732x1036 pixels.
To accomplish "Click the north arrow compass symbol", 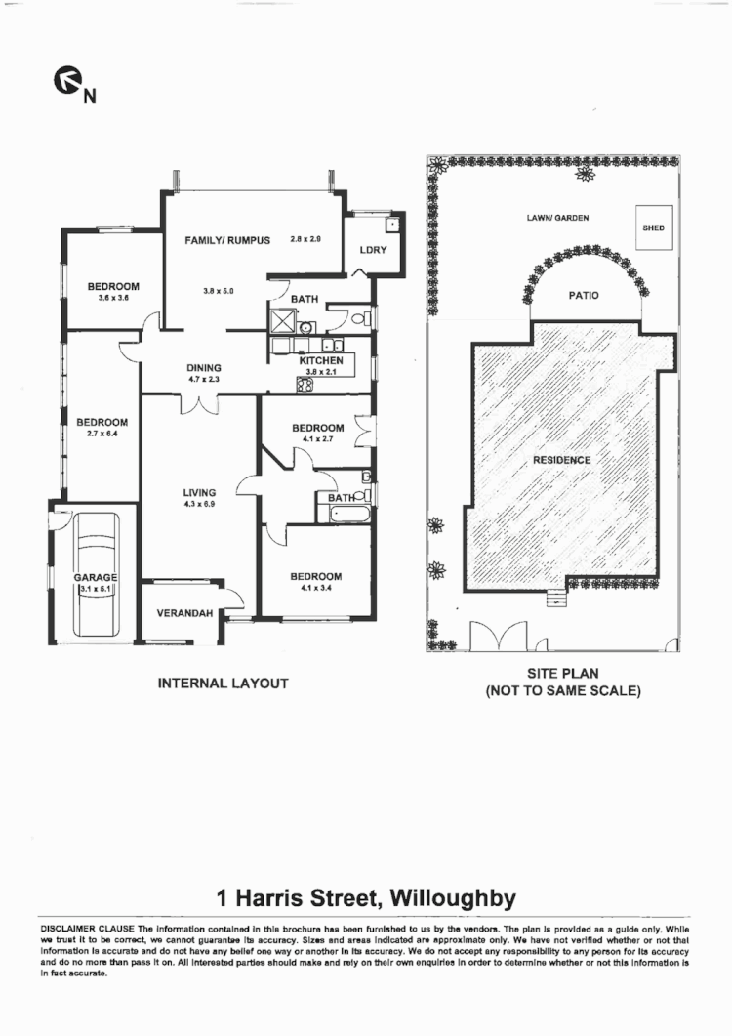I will tap(65, 84).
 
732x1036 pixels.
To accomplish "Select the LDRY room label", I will tap(373, 250).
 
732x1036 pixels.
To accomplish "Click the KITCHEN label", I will tap(321, 361).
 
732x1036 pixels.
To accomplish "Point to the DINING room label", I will tap(206, 368).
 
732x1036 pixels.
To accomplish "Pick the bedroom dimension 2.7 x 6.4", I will tap(102, 435).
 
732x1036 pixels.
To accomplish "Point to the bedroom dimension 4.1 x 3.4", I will tap(315, 589).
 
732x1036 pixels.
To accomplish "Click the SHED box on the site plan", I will tap(653, 228).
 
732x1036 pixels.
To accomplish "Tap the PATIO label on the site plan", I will tap(584, 295).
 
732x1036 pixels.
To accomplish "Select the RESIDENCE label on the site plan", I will tap(561, 460).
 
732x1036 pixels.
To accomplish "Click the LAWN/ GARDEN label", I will tap(557, 218).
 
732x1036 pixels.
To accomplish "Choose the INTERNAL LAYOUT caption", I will tap(223, 684).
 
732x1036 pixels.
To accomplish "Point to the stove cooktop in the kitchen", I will tap(304, 384).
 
